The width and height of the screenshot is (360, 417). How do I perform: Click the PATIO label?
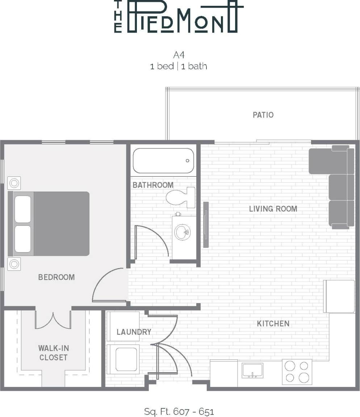(263, 115)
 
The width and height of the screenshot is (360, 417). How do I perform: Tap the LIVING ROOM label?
(273, 209)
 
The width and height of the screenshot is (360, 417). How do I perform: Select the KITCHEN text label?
(273, 324)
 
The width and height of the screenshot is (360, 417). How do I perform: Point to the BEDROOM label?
(56, 277)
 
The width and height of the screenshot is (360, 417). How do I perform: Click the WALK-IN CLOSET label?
(53, 353)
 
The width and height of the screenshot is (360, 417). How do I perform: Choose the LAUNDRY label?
(134, 332)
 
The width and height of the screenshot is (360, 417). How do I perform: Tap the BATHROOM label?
(153, 185)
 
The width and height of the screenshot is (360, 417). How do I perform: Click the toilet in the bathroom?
(181, 197)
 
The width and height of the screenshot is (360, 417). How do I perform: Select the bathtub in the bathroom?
(163, 161)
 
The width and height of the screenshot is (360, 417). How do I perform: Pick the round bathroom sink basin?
(182, 232)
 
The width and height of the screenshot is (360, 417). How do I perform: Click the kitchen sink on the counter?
(252, 371)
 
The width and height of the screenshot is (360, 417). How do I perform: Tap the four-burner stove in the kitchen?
(297, 372)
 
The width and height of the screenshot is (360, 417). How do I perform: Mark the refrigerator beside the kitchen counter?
(339, 296)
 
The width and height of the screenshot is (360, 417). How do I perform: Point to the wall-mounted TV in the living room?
(206, 225)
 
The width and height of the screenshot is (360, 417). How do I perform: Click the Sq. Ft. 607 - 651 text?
(179, 412)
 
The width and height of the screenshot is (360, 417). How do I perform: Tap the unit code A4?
(179, 55)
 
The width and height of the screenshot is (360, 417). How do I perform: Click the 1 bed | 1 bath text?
(179, 67)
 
